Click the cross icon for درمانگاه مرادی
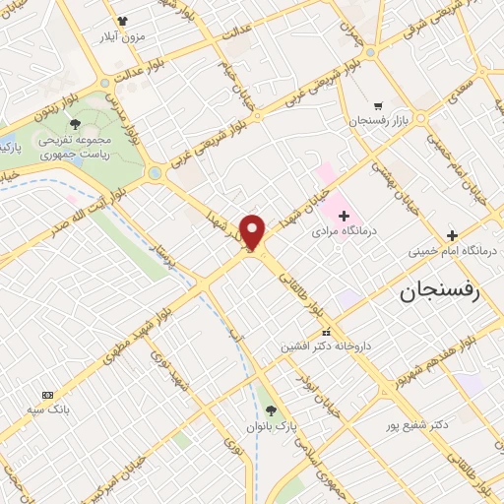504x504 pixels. [x=343, y=215]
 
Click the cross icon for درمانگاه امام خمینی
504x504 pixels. [x=452, y=235]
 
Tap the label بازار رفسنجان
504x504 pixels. [x=378, y=121]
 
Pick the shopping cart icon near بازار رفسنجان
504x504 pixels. [x=378, y=105]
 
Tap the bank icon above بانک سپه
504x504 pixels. [x=45, y=394]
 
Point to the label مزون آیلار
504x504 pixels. [x=122, y=35]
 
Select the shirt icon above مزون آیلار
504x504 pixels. [x=122, y=20]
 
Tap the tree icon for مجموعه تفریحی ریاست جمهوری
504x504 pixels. [x=76, y=123]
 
